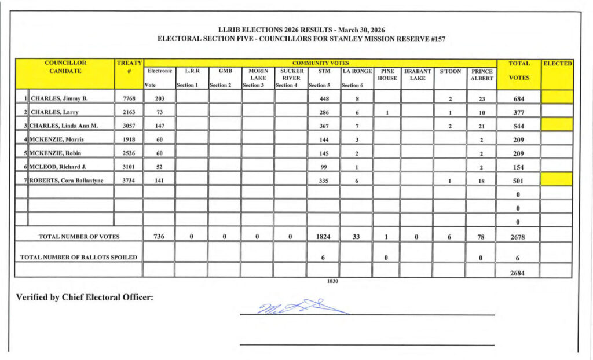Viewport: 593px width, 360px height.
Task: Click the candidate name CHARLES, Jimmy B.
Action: [59, 98]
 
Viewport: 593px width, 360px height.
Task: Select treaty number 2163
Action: [128, 112]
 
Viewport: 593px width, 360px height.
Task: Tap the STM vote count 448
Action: [324, 98]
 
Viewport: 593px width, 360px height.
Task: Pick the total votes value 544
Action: [519, 126]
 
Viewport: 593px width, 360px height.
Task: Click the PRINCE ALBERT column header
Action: [482, 75]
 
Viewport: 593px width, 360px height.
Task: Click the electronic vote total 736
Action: [160, 236]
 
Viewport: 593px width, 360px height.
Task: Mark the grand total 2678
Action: [519, 236]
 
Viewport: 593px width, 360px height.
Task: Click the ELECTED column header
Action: [557, 63]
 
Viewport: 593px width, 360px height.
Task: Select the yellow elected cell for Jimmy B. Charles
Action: [557, 97]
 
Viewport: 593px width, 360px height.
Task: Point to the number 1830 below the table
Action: [332, 281]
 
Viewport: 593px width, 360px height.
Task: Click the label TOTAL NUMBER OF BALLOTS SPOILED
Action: [79, 257]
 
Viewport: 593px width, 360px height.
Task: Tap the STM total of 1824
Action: [324, 236]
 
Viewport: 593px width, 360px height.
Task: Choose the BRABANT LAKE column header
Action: [416, 75]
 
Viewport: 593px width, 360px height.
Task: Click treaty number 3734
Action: [128, 181]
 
